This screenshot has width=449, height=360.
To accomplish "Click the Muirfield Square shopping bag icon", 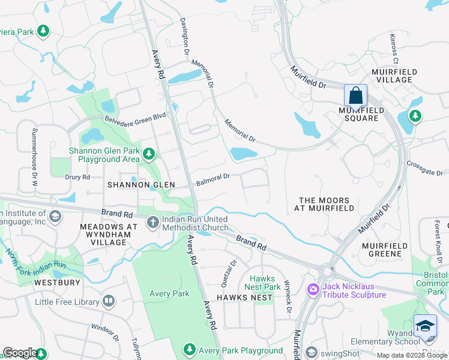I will point(355,95).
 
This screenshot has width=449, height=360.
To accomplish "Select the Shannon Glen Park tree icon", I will point(149,155).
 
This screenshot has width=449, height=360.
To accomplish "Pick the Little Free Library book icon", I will point(109,301).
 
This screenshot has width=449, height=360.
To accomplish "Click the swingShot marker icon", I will point(311,352).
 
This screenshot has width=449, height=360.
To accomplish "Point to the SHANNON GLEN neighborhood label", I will point(141,185).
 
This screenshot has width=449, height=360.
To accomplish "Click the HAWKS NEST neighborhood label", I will point(241,298).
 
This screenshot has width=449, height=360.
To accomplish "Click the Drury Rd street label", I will point(77,177).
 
